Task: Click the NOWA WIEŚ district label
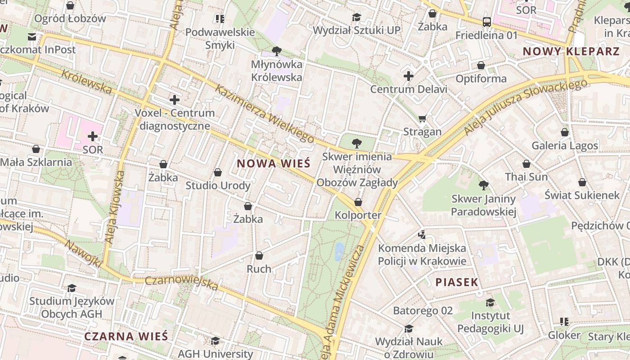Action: click(274, 163)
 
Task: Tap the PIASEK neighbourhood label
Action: click(456, 283)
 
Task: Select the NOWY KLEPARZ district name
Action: click(571, 51)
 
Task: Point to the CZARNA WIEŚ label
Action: click(126, 336)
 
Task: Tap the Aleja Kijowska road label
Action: click(114, 207)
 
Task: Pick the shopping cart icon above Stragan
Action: click(422, 119)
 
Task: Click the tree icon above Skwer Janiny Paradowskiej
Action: click(483, 185)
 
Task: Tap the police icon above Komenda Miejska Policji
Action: click(422, 234)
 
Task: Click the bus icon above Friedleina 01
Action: click(486, 22)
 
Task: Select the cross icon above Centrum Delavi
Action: click(409, 76)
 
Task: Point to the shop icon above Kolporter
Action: click(358, 202)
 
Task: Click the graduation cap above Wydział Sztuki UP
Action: click(356, 17)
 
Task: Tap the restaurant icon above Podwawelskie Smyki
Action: click(220, 18)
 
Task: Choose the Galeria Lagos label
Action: click(565, 145)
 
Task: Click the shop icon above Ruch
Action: click(259, 256)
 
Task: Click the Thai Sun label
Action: click(526, 177)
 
